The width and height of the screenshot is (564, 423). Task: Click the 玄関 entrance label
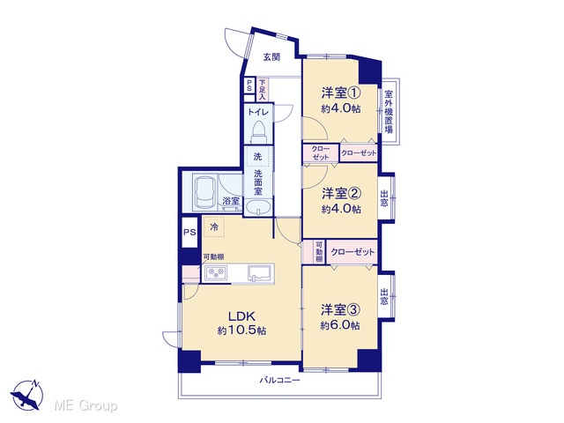(x=271, y=56)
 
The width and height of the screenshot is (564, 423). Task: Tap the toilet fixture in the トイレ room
(x=258, y=130)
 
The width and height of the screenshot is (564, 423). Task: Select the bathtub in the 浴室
(x=204, y=194)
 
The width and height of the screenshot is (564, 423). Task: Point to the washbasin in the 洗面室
(x=258, y=208)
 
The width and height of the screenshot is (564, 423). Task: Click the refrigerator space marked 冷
(x=214, y=226)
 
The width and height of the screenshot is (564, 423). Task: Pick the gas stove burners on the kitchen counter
(x=216, y=272)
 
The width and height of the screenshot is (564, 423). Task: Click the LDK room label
(x=241, y=316)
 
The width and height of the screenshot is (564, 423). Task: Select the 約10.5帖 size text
(x=241, y=330)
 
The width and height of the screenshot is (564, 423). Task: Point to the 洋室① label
(x=341, y=93)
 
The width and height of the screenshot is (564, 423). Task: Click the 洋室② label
(x=341, y=194)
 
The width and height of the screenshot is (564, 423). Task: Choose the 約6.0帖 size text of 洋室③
(x=340, y=325)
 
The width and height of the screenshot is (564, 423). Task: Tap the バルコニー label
(x=279, y=380)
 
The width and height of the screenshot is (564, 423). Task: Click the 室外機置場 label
(x=389, y=112)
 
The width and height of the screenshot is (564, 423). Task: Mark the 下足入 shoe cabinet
(x=262, y=90)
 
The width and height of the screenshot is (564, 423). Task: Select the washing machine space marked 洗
(x=257, y=156)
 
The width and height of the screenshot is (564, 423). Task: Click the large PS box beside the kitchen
(x=189, y=233)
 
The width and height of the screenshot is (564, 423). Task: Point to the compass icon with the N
(x=26, y=395)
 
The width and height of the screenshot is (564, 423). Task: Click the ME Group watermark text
(x=85, y=405)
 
